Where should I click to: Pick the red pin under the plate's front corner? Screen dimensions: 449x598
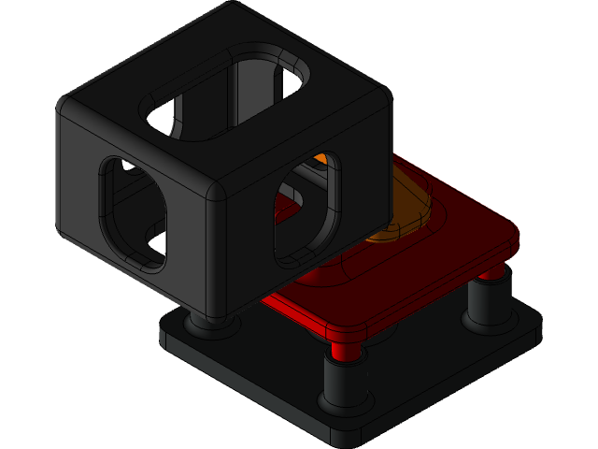pyautogui.click(x=345, y=349)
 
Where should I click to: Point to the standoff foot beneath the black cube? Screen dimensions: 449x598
pyautogui.click(x=207, y=324)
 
